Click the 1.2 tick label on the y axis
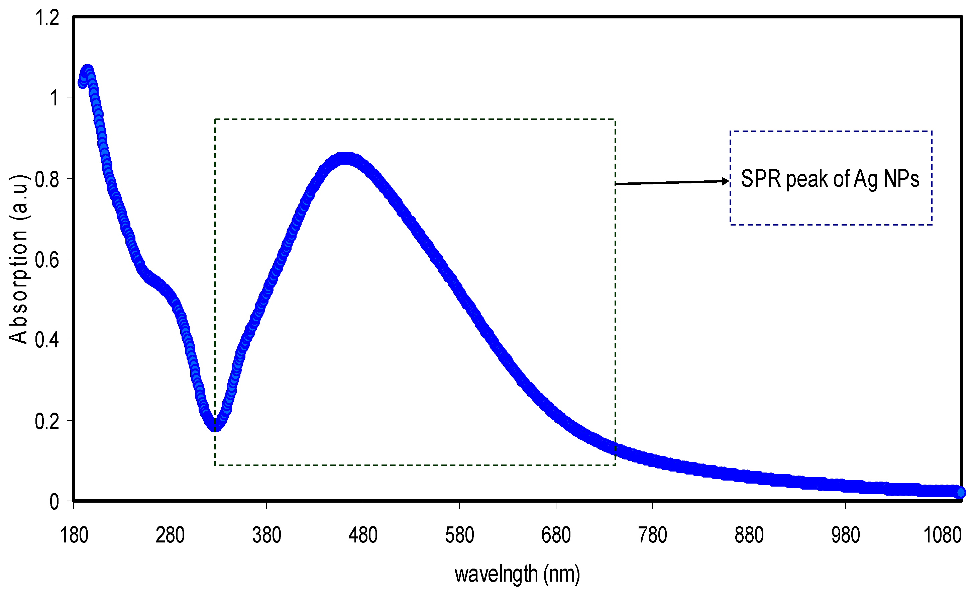click(47, 18)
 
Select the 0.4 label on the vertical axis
click(47, 340)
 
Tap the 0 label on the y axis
click(54, 502)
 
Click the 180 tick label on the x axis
click(74, 535)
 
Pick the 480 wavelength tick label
click(363, 535)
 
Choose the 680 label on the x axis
click(556, 535)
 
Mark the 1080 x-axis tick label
click(942, 535)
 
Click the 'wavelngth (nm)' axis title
click(517, 574)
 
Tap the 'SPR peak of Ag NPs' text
click(830, 179)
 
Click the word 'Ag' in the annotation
click(866, 179)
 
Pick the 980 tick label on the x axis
click(846, 535)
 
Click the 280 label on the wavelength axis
click(170, 535)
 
